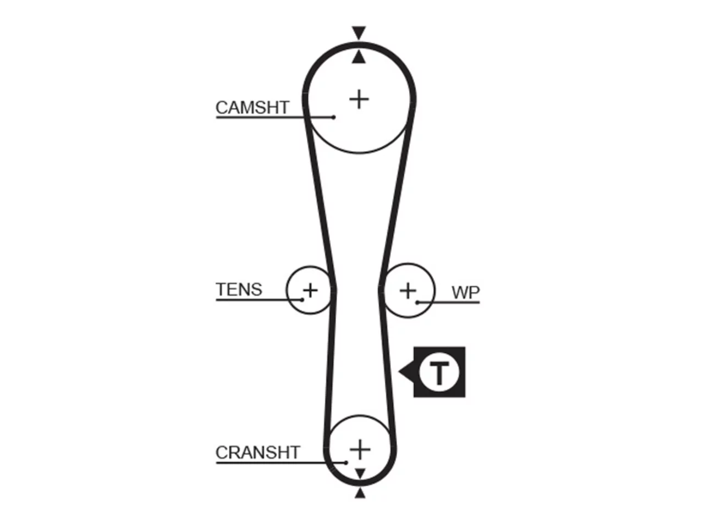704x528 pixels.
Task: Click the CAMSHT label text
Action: (252, 107)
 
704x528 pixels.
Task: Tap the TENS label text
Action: (239, 289)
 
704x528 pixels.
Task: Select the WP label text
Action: (465, 293)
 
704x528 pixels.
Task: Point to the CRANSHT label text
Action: (258, 452)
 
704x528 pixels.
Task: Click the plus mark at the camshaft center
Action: (359, 100)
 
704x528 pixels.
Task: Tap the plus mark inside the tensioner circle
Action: (310, 291)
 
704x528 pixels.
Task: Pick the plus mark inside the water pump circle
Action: (408, 291)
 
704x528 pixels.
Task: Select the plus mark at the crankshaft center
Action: (360, 449)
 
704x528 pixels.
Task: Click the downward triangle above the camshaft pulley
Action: (359, 32)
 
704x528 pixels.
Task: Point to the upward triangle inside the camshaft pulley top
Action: (359, 57)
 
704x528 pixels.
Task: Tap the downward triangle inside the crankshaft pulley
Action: (360, 473)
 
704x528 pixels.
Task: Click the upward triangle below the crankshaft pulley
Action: (360, 493)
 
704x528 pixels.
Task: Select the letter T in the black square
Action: (439, 372)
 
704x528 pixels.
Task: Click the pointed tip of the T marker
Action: (399, 372)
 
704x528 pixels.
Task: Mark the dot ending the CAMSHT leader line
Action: (333, 117)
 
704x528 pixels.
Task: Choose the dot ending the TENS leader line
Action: (302, 300)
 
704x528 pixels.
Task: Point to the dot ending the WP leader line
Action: (417, 302)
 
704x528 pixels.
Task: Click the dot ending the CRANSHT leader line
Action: (346, 463)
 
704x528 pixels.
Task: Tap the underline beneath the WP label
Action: (449, 302)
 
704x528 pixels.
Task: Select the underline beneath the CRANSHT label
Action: (280, 463)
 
